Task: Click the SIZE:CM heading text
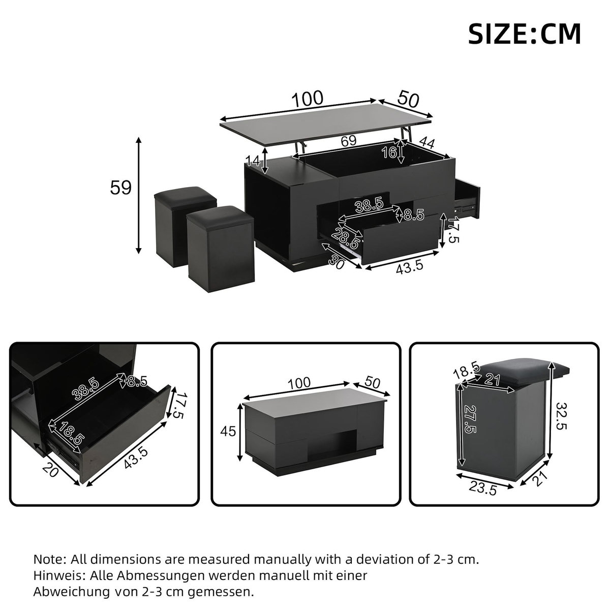pyautogui.click(x=524, y=34)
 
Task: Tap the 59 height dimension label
pyautogui.click(x=121, y=188)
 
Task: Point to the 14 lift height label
pyautogui.click(x=253, y=161)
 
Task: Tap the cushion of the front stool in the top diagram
pyautogui.click(x=220, y=216)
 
